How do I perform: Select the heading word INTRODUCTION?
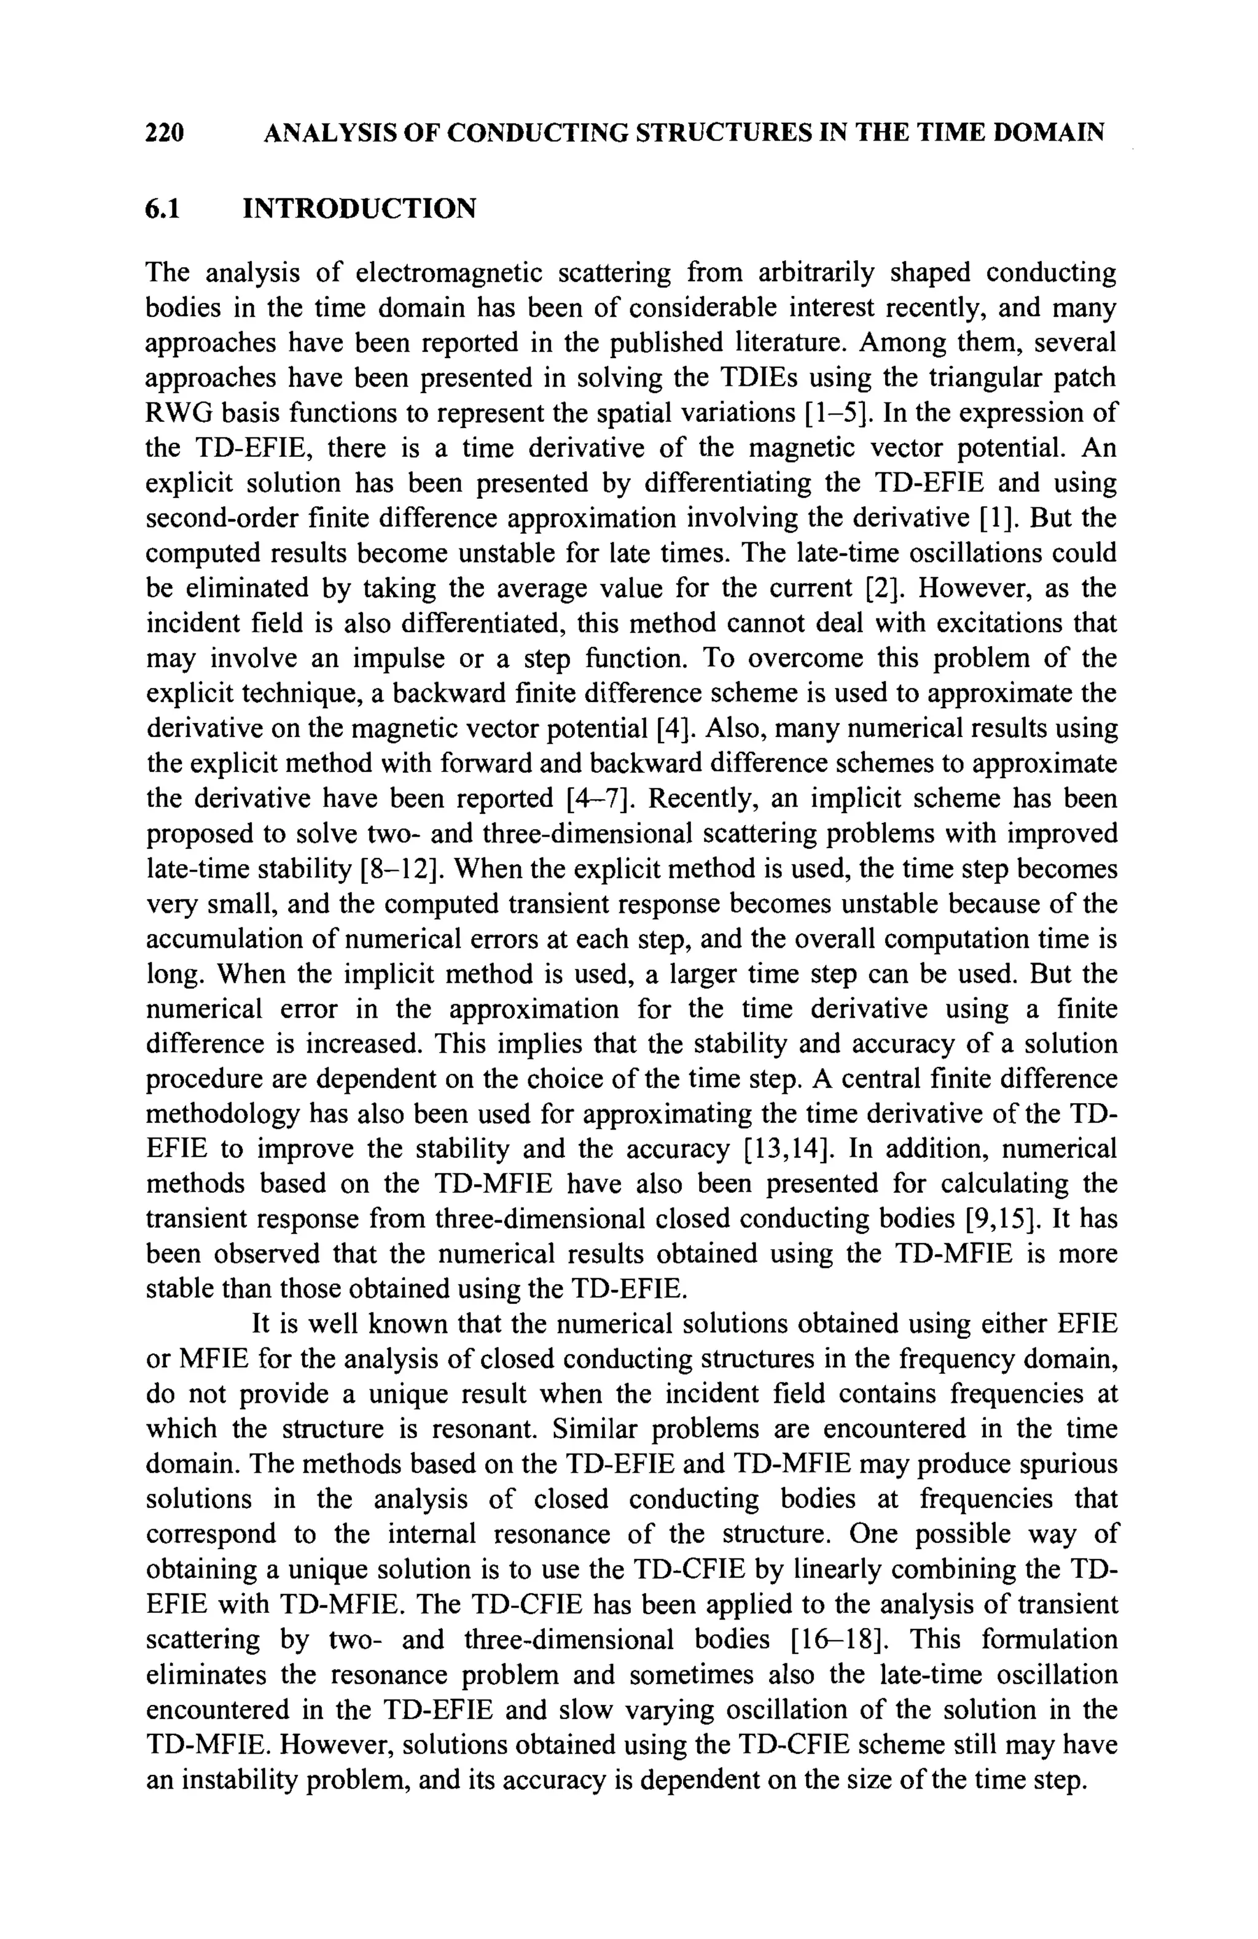click(x=359, y=209)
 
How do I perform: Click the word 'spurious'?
click(x=1064, y=1464)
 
